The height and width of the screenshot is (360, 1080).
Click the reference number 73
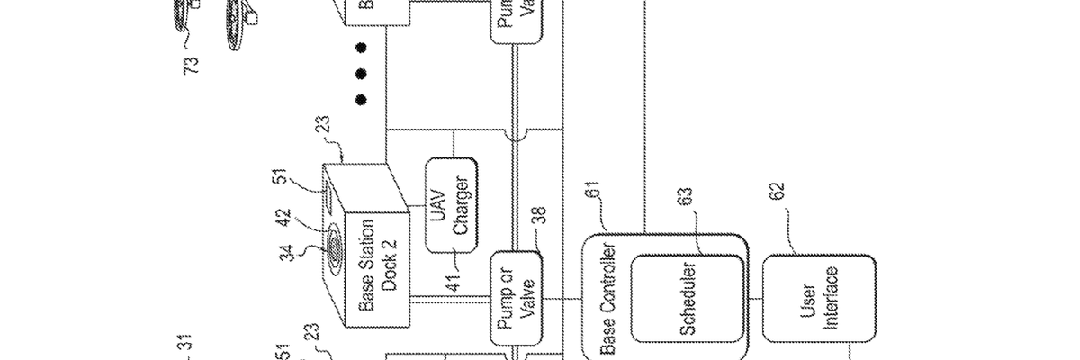point(192,64)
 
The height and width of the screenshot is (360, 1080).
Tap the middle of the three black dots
point(361,73)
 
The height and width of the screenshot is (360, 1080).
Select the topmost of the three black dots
point(361,47)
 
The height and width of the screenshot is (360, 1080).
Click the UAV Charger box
point(451,208)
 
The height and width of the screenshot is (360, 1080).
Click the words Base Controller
point(607,298)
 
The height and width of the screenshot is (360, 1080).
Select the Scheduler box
point(688,298)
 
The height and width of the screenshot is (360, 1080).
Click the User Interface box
point(819,298)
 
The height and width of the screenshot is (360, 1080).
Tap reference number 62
point(778,193)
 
